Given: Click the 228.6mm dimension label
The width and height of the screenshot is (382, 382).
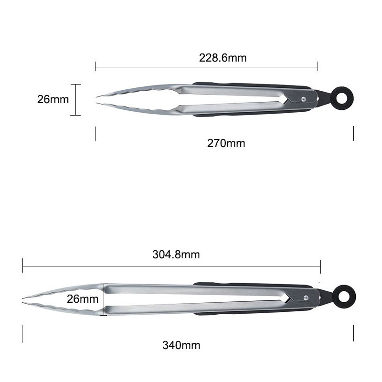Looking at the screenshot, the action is pos(223,58).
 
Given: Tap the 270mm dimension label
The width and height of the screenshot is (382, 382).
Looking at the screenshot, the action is pos(226,143).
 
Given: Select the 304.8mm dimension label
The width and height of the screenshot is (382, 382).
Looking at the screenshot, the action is pos(176,255).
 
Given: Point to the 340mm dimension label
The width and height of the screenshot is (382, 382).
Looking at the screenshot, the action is pos(181,345).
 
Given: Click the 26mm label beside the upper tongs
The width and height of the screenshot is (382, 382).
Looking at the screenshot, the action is pos(53,99).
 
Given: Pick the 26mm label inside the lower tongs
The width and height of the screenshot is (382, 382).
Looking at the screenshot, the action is pos(83,299).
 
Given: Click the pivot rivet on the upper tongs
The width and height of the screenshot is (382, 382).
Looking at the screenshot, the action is pos(304,99).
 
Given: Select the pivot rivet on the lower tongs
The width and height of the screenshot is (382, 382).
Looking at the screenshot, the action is pos(306,297).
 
